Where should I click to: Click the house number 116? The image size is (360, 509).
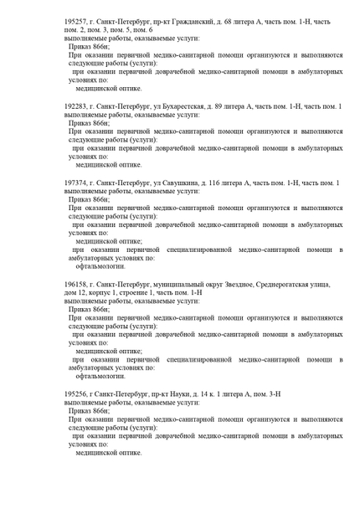(223, 183)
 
